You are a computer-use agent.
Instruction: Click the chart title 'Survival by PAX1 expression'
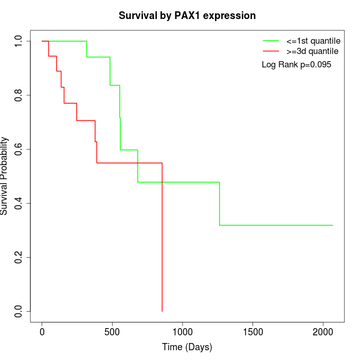187,16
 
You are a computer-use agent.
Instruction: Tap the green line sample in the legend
271,41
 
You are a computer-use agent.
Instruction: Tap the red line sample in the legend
271,51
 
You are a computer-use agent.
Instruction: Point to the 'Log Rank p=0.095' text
296,65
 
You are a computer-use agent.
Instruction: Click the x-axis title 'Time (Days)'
187,347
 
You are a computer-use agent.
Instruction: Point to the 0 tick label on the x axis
42,332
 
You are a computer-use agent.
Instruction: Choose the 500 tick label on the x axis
112,332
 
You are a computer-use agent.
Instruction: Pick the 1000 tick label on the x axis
183,332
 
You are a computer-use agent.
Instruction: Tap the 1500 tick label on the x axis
253,332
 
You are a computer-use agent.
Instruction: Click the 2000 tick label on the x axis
323,332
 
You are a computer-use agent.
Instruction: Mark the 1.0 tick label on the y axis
19,41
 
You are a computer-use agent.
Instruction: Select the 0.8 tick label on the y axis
19,95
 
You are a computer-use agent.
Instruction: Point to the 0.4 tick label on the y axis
19,203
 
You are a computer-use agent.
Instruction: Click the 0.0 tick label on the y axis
19,311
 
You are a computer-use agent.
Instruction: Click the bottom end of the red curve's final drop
162,311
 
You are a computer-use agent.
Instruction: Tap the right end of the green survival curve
333,225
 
